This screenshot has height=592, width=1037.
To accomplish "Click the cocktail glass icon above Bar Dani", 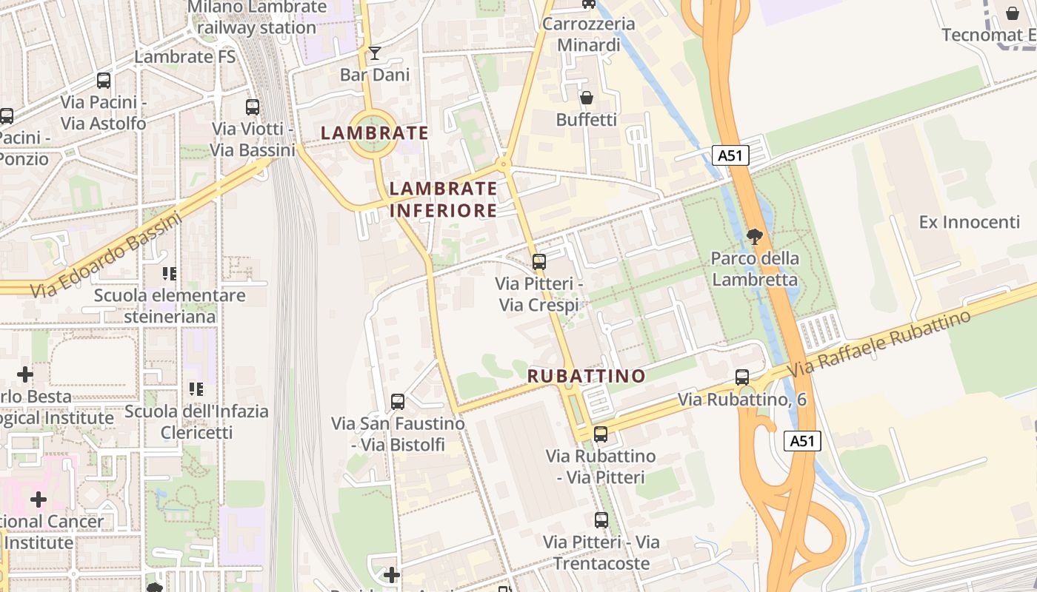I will [x=375, y=53].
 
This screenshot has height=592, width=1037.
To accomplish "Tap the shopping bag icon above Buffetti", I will [x=587, y=98].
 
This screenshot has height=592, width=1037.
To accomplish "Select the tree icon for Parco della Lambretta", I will [x=755, y=237].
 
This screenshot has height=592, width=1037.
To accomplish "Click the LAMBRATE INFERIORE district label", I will [x=443, y=200].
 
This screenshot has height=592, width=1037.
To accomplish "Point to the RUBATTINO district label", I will [x=587, y=376].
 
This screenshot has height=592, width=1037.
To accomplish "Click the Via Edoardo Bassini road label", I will [x=106, y=255].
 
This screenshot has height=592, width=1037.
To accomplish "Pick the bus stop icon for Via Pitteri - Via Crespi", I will [x=539, y=261].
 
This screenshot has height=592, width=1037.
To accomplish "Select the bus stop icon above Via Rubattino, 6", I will [x=742, y=377].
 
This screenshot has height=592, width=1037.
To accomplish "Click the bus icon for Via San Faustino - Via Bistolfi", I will [x=398, y=402].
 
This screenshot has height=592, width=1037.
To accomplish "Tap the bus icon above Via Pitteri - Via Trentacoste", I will [x=601, y=520].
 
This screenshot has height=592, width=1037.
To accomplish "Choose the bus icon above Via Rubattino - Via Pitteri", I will [x=601, y=434].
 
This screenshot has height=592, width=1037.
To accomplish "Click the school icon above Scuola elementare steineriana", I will [x=170, y=274].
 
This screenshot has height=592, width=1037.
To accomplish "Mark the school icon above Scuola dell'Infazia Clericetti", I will [x=196, y=388].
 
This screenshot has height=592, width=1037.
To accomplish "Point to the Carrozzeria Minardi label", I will [x=589, y=34].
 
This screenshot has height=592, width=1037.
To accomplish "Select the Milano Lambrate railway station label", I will [x=256, y=17].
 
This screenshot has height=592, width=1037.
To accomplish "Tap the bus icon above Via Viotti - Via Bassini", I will [x=253, y=107].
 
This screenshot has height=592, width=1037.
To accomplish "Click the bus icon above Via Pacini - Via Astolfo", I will [x=104, y=81].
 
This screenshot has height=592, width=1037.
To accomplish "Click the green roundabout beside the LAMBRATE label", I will [x=374, y=133].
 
